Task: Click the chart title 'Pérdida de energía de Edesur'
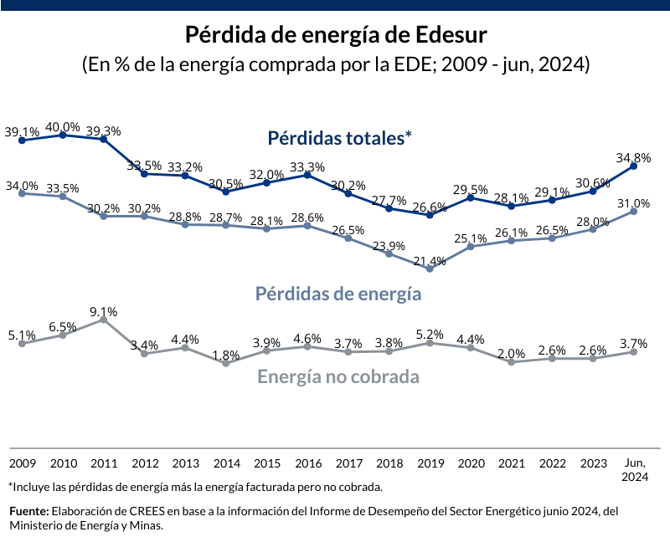point(335,36)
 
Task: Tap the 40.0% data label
point(63,127)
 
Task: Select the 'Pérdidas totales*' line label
point(340,138)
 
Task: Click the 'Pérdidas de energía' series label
point(338,294)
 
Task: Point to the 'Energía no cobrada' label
point(338,376)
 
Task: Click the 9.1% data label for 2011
point(104,312)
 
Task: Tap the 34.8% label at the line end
point(633,157)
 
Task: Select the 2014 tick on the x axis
point(226,463)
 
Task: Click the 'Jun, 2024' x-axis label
point(634,469)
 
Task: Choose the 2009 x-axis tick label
point(22,463)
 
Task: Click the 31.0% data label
point(633,203)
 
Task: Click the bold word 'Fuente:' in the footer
point(28,510)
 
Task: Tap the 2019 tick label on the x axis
point(430,463)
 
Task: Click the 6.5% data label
point(63,327)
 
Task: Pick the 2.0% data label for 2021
point(511,354)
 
